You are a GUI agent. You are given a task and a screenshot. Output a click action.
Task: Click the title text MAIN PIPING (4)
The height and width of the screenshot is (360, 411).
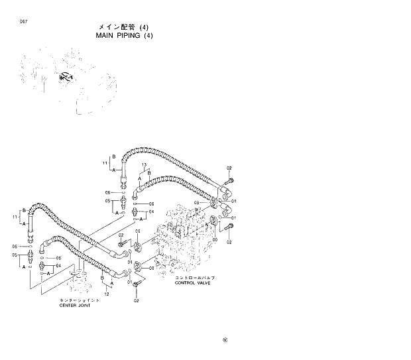pos(115,36)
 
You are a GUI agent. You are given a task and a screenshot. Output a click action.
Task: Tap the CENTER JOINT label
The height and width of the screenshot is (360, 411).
pos(74,306)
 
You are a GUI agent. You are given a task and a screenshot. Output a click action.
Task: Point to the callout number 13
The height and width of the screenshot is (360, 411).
pos(143,164)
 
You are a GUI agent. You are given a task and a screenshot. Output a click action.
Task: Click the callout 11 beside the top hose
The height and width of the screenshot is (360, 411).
pos(105,162)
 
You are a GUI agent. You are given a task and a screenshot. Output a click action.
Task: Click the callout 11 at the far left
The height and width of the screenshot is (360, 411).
pos(15,217)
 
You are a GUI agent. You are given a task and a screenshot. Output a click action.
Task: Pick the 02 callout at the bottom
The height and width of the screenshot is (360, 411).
pos(136,300)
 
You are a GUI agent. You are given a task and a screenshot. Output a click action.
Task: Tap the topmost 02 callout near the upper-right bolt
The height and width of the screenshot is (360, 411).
pos(229,168)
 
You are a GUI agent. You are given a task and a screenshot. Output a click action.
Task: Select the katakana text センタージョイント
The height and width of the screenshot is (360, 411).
pos(75,300)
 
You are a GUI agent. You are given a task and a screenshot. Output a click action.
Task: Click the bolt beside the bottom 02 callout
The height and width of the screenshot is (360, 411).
pos(136,286)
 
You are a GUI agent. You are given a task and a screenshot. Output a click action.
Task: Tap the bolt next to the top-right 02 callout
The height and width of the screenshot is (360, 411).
pos(229,181)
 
